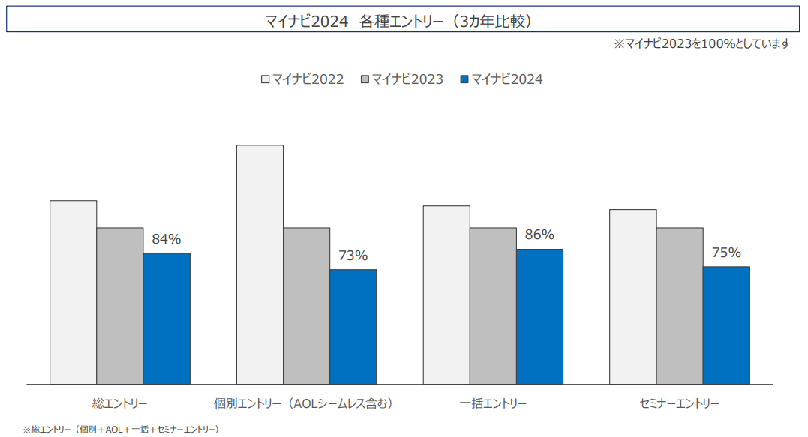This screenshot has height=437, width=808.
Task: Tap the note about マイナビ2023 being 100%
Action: (701, 44)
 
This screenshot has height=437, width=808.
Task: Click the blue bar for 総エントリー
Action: (167, 319)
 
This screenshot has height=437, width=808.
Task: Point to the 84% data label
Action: (167, 239)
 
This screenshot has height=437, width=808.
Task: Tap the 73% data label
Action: (353, 256)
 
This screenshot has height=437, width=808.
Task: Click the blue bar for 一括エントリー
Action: (539, 316)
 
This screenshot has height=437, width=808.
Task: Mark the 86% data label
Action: (539, 235)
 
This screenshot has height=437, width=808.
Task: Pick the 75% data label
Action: (726, 253)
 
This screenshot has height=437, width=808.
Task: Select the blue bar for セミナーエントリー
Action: (726, 325)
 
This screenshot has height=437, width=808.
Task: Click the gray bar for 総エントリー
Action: (120, 306)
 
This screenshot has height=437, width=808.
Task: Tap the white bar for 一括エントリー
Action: (446, 295)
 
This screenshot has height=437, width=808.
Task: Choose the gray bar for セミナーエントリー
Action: (680, 306)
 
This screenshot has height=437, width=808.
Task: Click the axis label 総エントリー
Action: (120, 403)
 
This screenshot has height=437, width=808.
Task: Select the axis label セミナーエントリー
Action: (680, 403)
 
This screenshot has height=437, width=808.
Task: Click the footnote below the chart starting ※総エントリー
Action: (121, 430)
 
